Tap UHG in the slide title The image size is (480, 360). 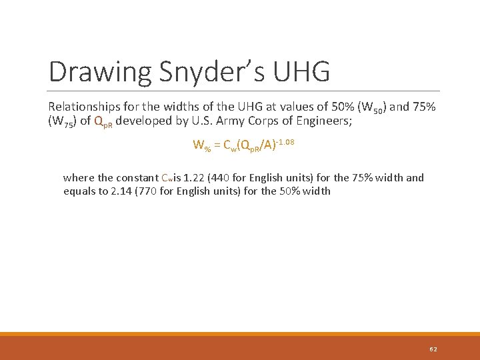tap(304, 72)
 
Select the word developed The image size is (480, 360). tap(143, 121)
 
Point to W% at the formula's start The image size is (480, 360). tap(201, 145)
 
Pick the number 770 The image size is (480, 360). tap(152, 191)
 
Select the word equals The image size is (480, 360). tap(77, 191)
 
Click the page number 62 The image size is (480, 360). tap(433, 349)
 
